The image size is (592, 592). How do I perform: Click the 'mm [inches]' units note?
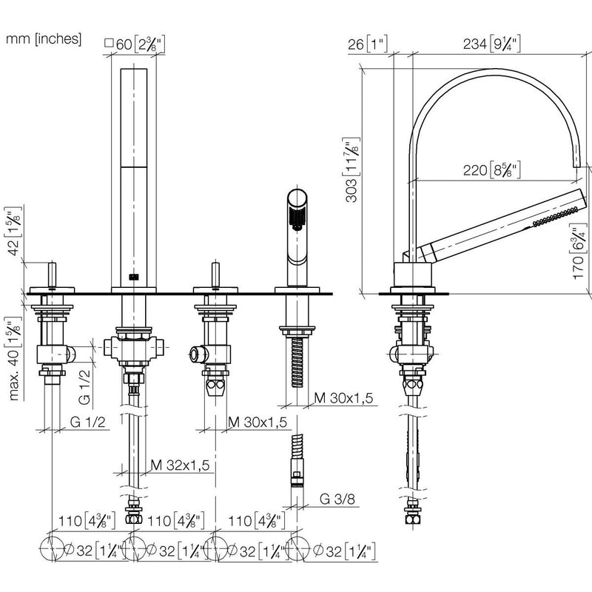(x=44, y=39)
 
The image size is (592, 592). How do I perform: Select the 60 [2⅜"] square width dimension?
(x=135, y=44)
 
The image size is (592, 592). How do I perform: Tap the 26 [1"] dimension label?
(x=368, y=44)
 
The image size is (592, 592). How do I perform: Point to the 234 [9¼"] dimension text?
(x=492, y=44)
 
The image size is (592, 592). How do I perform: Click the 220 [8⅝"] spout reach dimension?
(x=492, y=170)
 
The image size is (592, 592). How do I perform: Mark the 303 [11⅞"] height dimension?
(x=351, y=170)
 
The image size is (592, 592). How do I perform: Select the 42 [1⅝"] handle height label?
(x=13, y=232)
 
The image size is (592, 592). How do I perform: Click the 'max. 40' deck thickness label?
(x=13, y=359)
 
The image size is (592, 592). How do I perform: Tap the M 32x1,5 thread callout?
(x=180, y=465)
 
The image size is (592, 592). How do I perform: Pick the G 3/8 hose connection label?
(x=337, y=499)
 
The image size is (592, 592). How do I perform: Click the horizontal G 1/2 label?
(x=87, y=422)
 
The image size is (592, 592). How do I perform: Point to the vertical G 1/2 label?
(x=84, y=387)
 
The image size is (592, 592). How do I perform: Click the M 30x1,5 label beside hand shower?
(x=343, y=397)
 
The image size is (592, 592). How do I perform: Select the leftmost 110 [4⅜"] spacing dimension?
(x=87, y=521)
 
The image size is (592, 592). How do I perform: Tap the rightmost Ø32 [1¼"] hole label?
(x=344, y=551)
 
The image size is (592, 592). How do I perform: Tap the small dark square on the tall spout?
(x=134, y=277)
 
